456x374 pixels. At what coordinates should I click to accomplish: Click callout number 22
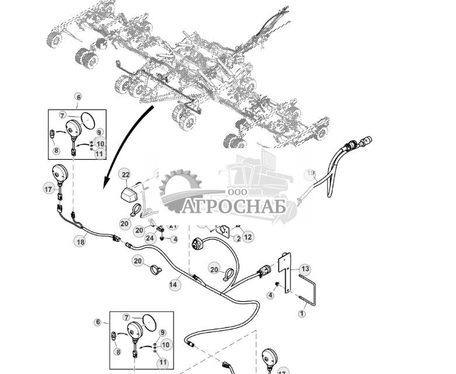pyautogui.click(x=125, y=174)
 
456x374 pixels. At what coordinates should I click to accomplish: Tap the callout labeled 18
pyautogui.click(x=80, y=240)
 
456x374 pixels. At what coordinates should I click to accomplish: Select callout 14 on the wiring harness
pyautogui.click(x=174, y=284)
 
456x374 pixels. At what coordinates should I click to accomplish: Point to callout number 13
pyautogui.click(x=305, y=269)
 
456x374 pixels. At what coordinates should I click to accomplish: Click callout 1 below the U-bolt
pyautogui.click(x=302, y=314)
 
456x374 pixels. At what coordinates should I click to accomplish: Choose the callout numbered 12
pyautogui.click(x=248, y=237)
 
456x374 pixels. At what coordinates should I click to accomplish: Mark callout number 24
pyautogui.click(x=149, y=237)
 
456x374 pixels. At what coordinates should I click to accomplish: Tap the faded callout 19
pyautogui.click(x=309, y=173)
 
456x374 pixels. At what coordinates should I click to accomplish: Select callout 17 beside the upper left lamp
pyautogui.click(x=48, y=188)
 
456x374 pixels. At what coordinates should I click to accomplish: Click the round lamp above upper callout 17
pyautogui.click(x=59, y=173)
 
